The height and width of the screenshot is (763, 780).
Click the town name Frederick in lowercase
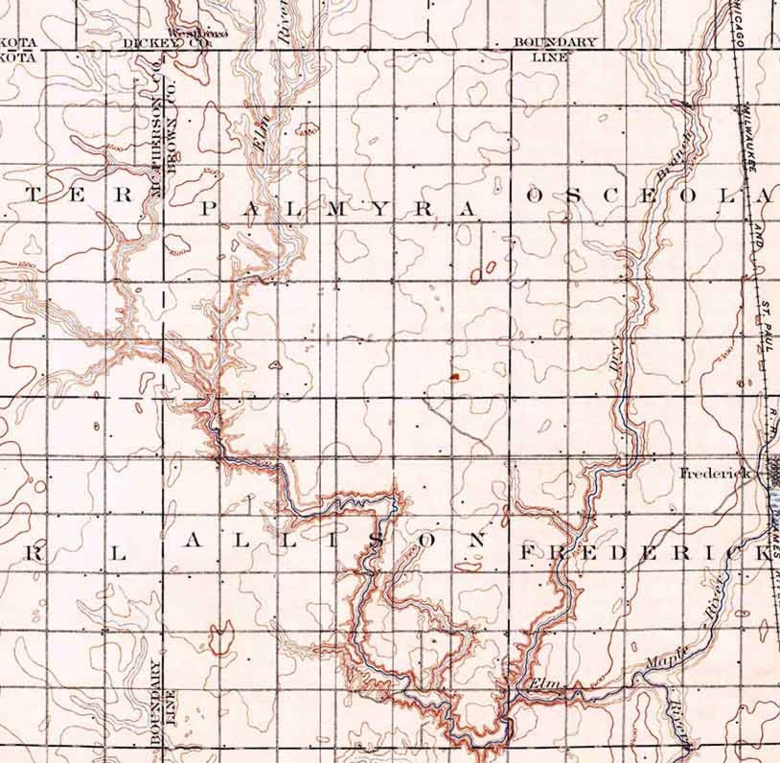715,474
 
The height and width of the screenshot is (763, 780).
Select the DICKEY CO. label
167,43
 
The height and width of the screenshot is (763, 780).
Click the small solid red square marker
455,377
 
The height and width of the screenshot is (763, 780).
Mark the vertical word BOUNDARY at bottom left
155,694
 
